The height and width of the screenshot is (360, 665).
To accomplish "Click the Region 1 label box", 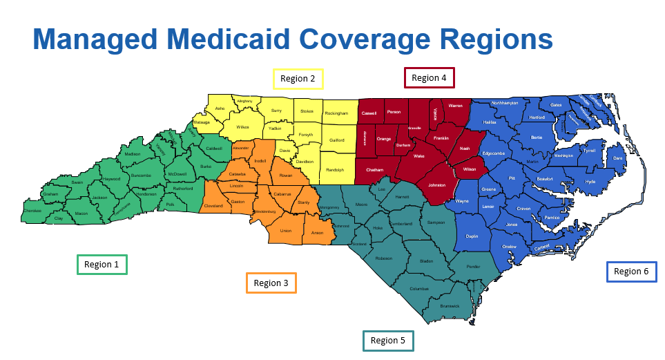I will (102, 264).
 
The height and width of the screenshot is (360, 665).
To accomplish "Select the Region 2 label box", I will (298, 79).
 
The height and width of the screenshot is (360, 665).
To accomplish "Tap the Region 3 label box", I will (271, 283).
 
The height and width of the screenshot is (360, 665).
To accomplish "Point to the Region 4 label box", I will (429, 78).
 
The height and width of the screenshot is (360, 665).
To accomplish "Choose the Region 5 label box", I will (388, 341).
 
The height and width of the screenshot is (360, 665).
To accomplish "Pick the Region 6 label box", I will (631, 272).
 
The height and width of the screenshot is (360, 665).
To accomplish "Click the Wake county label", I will (418, 157).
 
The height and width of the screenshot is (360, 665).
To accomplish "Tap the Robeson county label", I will (383, 258).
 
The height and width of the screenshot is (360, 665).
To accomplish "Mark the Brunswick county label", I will (450, 305).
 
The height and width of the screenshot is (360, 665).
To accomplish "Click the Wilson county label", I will (470, 169).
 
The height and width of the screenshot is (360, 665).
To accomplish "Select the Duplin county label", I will (472, 236).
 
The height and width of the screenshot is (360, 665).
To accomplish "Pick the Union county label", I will (286, 231).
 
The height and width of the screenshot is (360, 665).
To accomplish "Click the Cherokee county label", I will (32, 211).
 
